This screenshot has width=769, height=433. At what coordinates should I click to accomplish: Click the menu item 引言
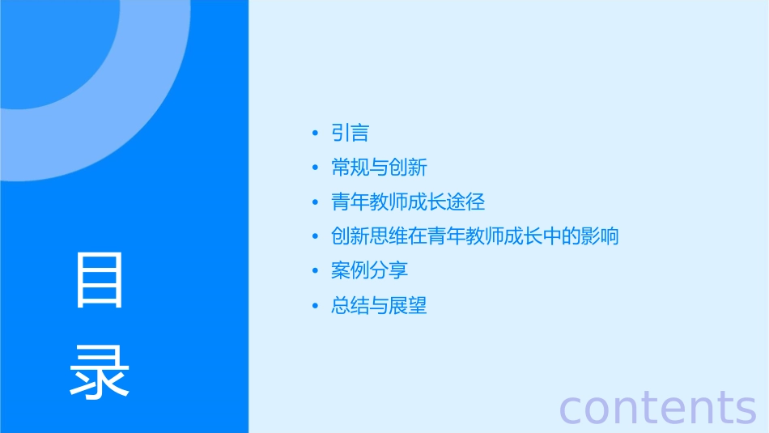350,133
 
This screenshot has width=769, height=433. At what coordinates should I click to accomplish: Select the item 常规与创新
379,168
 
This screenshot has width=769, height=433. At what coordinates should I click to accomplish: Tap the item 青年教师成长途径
408,202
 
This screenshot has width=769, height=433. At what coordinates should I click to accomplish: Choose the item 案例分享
369,270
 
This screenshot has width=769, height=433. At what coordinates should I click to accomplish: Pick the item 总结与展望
379,305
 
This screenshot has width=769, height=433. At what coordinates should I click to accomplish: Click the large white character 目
100,280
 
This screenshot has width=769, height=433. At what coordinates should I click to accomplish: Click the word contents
657,406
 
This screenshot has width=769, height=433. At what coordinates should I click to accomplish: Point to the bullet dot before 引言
315,134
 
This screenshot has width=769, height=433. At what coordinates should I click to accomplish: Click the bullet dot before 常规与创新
315,168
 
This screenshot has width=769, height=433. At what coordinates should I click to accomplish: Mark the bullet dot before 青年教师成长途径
315,202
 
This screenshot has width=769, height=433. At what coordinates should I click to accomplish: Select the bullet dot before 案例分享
315,271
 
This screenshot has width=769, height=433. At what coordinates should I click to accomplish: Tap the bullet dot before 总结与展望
315,306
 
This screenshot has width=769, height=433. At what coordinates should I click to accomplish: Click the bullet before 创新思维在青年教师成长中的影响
315,237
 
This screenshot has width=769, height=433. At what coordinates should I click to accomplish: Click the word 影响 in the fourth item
600,236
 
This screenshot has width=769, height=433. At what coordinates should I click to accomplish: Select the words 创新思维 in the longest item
369,236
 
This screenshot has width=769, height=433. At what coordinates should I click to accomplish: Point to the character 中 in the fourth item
552,236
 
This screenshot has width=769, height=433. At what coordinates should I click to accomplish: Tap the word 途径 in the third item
465,202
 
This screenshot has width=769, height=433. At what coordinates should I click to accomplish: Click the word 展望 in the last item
407,305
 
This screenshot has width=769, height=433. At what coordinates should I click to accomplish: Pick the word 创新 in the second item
407,168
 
